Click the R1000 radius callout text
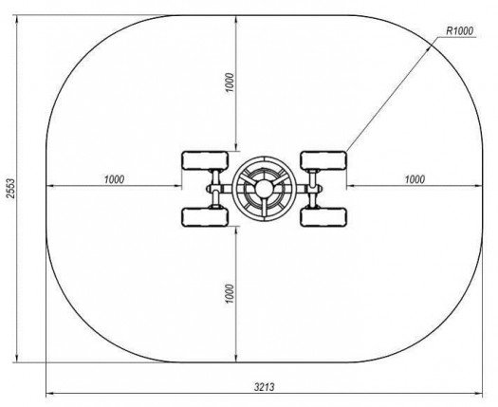[459, 31]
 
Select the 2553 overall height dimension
[11, 189]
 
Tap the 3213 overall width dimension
[265, 387]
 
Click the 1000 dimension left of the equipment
[115, 179]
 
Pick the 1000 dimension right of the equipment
[415, 179]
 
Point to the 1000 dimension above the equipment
[230, 83]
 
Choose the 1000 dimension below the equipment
[230, 293]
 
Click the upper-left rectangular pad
[205, 160]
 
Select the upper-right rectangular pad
[323, 160]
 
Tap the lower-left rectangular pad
[205, 217]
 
